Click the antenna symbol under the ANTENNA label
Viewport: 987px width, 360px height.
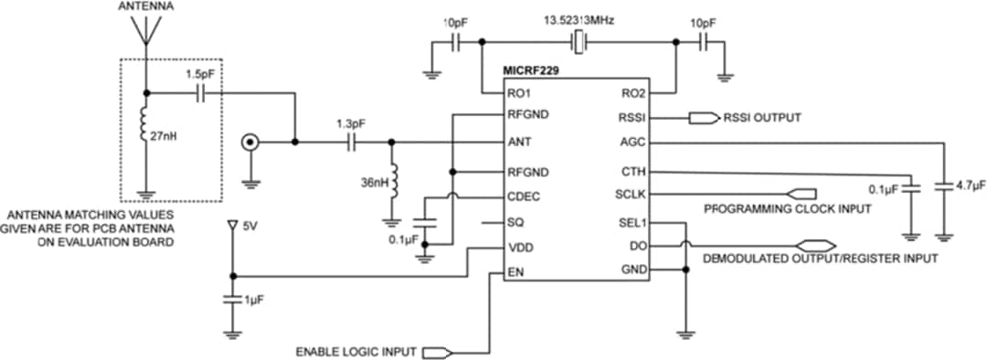tap(143, 30)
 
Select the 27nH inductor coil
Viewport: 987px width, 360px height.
tap(143, 128)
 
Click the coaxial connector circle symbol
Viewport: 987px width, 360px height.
tap(248, 143)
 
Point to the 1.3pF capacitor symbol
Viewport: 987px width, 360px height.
tap(351, 143)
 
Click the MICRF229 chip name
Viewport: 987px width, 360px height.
tap(532, 69)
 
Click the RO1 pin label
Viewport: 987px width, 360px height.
tap(521, 92)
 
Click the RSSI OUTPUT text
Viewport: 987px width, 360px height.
tap(762, 118)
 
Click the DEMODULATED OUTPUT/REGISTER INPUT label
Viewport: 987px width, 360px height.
tap(820, 259)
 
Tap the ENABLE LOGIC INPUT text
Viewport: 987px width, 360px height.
tap(357, 352)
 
